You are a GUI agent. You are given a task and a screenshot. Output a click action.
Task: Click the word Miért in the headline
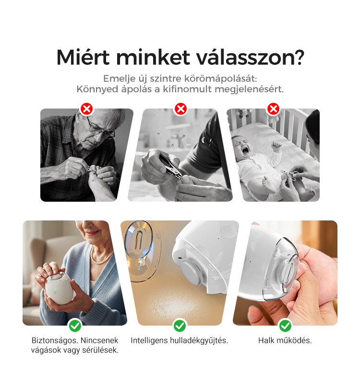[x=83, y=57]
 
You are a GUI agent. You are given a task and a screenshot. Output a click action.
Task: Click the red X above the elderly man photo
[x=87, y=109]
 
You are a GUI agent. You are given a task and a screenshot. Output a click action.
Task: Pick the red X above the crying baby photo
[x=273, y=109]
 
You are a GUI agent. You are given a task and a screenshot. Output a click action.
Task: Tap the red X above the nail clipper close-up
[x=180, y=109]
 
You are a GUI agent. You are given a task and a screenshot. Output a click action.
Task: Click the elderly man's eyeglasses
[x=100, y=129]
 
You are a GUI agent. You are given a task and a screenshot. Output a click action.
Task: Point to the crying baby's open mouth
[x=245, y=151]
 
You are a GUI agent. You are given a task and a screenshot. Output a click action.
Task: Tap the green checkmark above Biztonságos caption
[x=75, y=326]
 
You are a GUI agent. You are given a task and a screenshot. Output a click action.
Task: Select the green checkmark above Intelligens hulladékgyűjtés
[x=180, y=326]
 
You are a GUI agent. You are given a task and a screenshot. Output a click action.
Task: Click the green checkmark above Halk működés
[x=285, y=326]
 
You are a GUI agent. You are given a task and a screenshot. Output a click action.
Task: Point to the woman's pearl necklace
[x=101, y=257]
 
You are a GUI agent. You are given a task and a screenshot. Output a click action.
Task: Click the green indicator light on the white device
[x=55, y=289]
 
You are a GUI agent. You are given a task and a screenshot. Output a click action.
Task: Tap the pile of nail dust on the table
[x=174, y=306]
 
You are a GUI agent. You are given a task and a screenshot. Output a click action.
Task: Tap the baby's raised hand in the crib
[x=276, y=146]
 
